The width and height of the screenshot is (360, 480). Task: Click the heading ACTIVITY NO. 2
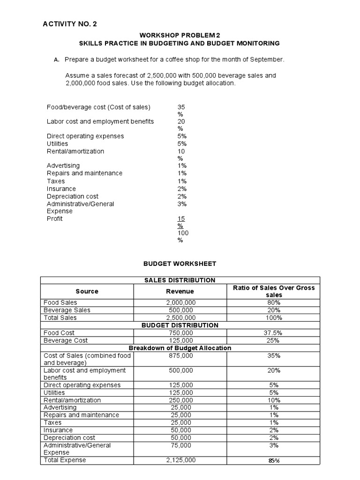[70, 24]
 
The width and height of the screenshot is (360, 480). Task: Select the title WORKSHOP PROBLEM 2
[180, 35]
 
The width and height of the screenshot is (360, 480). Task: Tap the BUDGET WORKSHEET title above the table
[180, 264]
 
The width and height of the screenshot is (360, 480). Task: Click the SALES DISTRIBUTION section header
[180, 280]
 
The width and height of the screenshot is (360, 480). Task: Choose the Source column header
[87, 291]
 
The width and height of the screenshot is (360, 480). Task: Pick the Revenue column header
[180, 291]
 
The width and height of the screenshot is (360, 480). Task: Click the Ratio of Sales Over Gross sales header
[274, 291]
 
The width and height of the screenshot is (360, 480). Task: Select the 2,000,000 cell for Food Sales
[180, 303]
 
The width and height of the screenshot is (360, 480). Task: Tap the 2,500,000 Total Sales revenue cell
[180, 318]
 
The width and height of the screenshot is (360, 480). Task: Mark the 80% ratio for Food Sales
[274, 303]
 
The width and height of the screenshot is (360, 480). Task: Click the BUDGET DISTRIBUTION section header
[180, 325]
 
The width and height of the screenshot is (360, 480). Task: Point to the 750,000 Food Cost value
[180, 333]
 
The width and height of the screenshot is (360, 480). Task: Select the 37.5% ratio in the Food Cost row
[274, 333]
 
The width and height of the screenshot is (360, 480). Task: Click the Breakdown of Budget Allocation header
[180, 348]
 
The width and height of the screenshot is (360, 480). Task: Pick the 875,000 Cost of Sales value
[180, 356]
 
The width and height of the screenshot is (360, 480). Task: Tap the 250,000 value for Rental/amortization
[180, 400]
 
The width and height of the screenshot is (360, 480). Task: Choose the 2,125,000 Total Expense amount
[180, 460]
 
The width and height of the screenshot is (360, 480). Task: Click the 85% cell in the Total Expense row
[274, 461]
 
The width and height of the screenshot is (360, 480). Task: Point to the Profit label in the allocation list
[54, 219]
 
